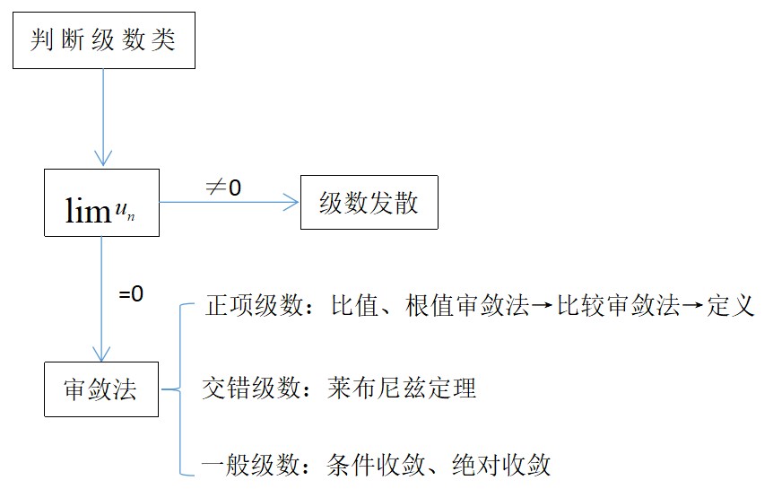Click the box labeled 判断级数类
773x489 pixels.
coord(104,41)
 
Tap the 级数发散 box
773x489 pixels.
coord(369,204)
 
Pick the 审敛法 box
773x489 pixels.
coord(100,389)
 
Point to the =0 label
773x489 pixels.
coord(131,293)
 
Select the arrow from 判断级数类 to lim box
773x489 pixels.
coord(104,117)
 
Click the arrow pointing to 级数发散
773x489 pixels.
coord(229,204)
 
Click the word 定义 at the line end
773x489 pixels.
coord(731,306)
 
